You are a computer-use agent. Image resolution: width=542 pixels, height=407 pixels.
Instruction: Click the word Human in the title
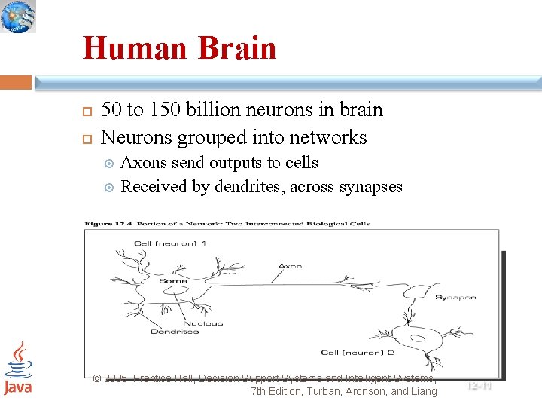tap(135, 48)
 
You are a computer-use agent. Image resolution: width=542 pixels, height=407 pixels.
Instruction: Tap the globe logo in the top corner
tap(18, 17)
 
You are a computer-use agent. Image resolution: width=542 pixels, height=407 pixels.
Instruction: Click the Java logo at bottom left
tap(17, 369)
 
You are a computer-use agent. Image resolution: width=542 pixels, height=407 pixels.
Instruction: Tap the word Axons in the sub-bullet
tap(144, 163)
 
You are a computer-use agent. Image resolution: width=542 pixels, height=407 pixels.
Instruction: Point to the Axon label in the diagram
tap(291, 266)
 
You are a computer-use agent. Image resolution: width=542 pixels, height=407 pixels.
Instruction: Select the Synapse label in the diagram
tap(455, 298)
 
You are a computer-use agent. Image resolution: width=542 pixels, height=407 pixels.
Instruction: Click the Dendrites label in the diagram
tap(175, 332)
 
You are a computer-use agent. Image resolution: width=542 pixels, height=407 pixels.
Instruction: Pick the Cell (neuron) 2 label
tap(357, 353)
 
